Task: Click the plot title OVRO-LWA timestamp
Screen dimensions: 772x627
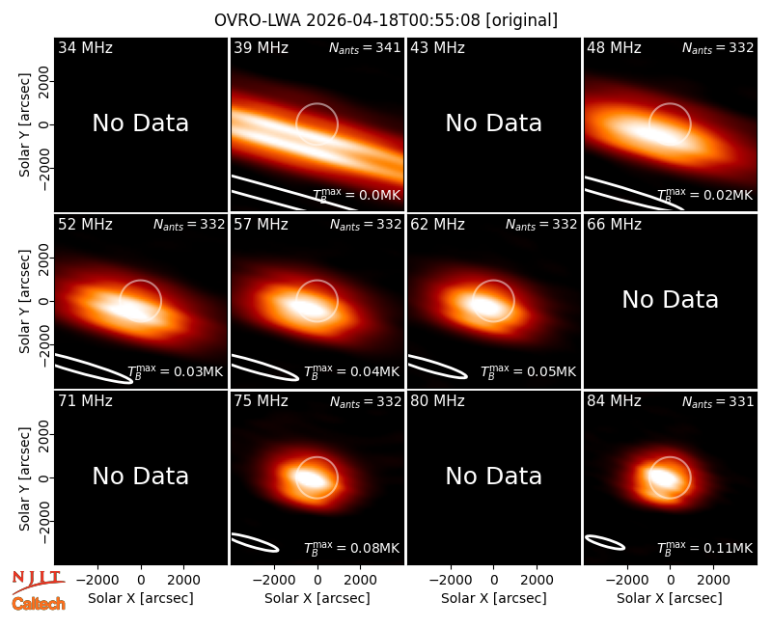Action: (385, 20)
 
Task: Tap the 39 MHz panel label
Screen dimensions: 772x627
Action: (261, 47)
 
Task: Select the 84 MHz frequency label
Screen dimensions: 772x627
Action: (614, 401)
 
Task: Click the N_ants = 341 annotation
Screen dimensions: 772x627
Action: (365, 47)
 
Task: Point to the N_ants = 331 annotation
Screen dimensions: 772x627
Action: (718, 401)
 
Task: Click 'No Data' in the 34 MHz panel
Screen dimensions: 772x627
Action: (140, 123)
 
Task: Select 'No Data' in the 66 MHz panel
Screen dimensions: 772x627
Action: (670, 299)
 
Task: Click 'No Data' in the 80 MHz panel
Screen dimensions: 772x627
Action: (494, 476)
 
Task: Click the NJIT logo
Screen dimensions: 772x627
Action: (38, 582)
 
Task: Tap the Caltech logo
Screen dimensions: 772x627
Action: (39, 604)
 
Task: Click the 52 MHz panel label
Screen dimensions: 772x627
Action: (85, 225)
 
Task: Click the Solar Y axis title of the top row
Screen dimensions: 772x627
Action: (25, 125)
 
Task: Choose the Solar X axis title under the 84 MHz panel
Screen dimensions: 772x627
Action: (670, 598)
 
